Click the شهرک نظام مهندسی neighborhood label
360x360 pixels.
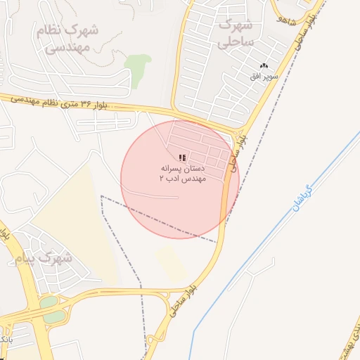[69, 39]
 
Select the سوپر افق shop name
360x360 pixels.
[266, 75]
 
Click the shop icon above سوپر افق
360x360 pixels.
[264, 65]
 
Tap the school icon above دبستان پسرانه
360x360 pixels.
[182, 158]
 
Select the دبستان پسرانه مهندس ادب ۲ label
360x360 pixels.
[181, 174]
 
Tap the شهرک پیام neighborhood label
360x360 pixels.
[44, 258]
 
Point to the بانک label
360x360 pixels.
[4, 340]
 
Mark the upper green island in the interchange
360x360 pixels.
[49, 302]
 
